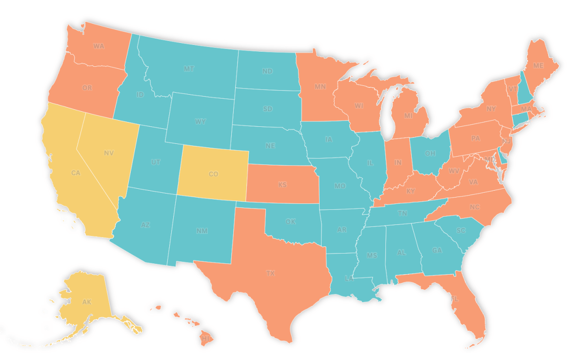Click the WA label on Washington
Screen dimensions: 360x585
click(99, 46)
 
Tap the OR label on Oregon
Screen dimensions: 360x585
click(87, 88)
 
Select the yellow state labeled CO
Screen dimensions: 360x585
click(213, 174)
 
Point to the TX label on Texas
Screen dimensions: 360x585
click(270, 273)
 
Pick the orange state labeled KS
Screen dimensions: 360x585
click(282, 185)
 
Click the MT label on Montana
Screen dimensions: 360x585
click(189, 69)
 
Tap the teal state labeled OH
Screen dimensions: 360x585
click(430, 153)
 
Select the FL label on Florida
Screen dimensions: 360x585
click(455, 299)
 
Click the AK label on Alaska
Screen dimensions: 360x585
click(86, 302)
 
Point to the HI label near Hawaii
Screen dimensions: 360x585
click(205, 338)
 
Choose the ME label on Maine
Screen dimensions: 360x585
click(538, 65)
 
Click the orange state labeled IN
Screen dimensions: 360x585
click(398, 162)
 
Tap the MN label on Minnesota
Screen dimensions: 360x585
click(320, 87)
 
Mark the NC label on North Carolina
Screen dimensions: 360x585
click(475, 207)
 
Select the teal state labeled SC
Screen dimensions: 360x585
click(460, 230)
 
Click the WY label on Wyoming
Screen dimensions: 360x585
click(200, 121)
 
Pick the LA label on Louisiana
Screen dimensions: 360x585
click(349, 279)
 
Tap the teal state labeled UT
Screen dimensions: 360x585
click(156, 161)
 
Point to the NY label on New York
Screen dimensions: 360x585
click(491, 108)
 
